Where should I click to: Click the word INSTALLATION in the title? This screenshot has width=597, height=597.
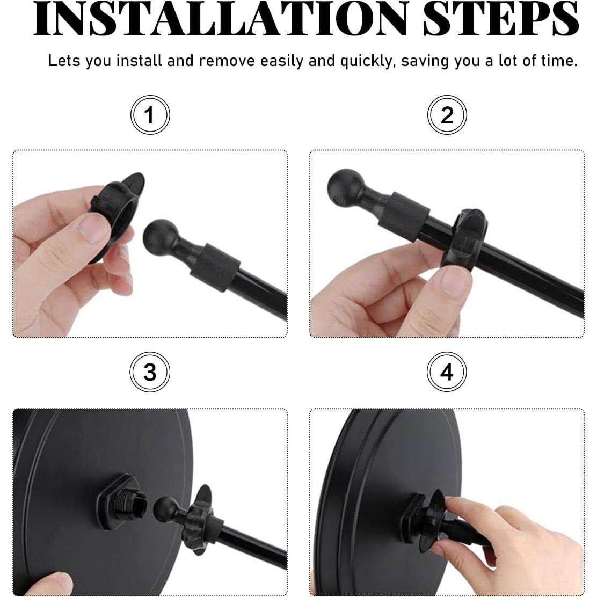click(x=220, y=19)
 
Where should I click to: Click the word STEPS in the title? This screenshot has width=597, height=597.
click(x=501, y=19)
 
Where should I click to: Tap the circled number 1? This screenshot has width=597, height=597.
click(x=150, y=114)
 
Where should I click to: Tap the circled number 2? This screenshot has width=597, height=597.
click(x=447, y=114)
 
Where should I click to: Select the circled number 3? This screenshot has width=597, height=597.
click(x=150, y=372)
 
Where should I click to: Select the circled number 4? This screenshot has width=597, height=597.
click(x=447, y=372)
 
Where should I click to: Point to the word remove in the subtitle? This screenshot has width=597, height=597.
click(x=227, y=61)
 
